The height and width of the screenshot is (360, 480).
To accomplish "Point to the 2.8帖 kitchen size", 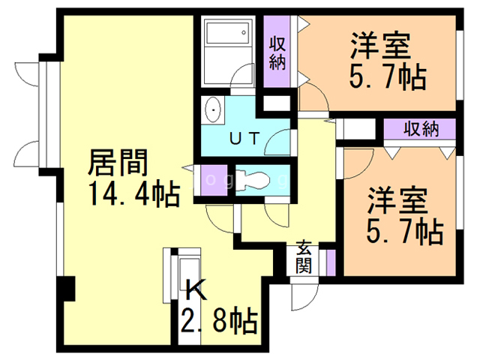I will click(220, 321).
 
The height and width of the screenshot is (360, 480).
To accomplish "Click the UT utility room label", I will click(244, 138).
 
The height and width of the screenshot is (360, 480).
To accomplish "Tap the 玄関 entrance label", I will click(304, 256).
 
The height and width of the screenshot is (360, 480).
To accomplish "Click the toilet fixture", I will click(256, 181).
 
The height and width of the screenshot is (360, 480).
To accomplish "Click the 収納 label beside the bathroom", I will click(277, 51).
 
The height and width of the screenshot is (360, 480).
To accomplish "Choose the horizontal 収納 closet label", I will click(421, 128).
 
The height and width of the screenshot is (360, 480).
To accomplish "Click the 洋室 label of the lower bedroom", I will click(397, 200).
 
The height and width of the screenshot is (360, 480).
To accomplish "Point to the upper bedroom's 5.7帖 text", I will click(387, 76).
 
